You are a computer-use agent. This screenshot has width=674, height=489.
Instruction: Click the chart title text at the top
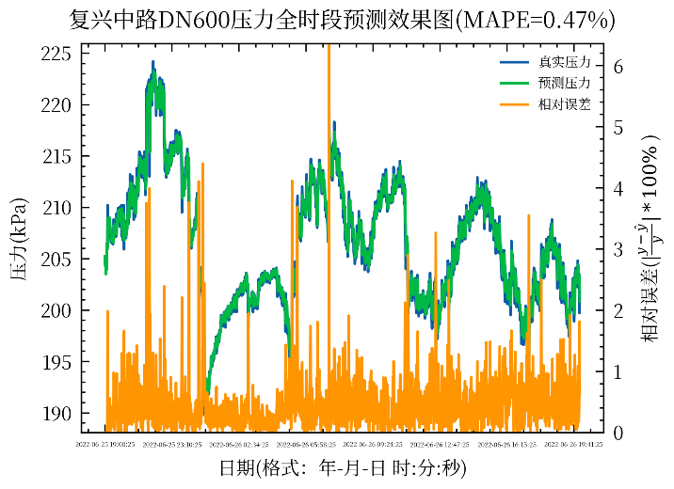[343, 19]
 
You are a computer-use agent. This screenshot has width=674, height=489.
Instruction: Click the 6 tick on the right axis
[618, 67]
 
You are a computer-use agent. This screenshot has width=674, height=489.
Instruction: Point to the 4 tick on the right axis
[618, 189]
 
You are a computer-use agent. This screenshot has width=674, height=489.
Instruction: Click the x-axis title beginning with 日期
[343, 468]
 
